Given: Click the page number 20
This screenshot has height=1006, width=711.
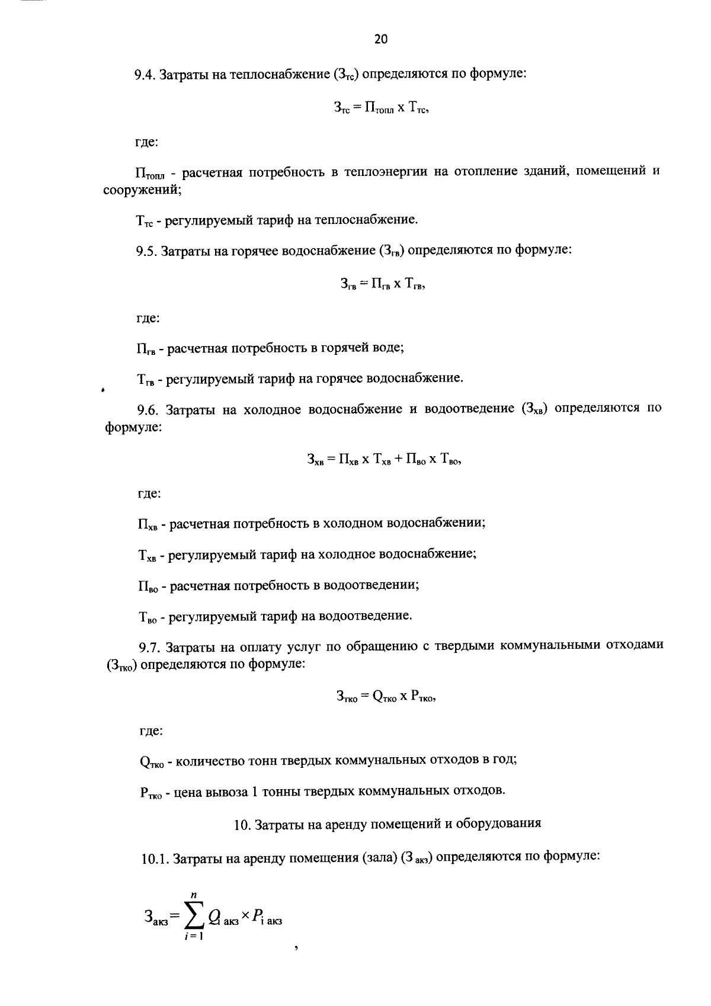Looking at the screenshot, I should click(380, 40).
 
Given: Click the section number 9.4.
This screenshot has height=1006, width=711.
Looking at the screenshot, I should click(144, 75).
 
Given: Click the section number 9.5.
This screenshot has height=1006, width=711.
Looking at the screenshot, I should click(146, 251).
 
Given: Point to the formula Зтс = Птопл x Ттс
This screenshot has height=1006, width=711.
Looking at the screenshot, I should click(380, 108).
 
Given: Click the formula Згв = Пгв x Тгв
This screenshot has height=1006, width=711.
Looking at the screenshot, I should click(382, 284).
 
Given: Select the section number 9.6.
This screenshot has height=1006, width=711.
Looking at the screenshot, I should click(147, 409).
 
